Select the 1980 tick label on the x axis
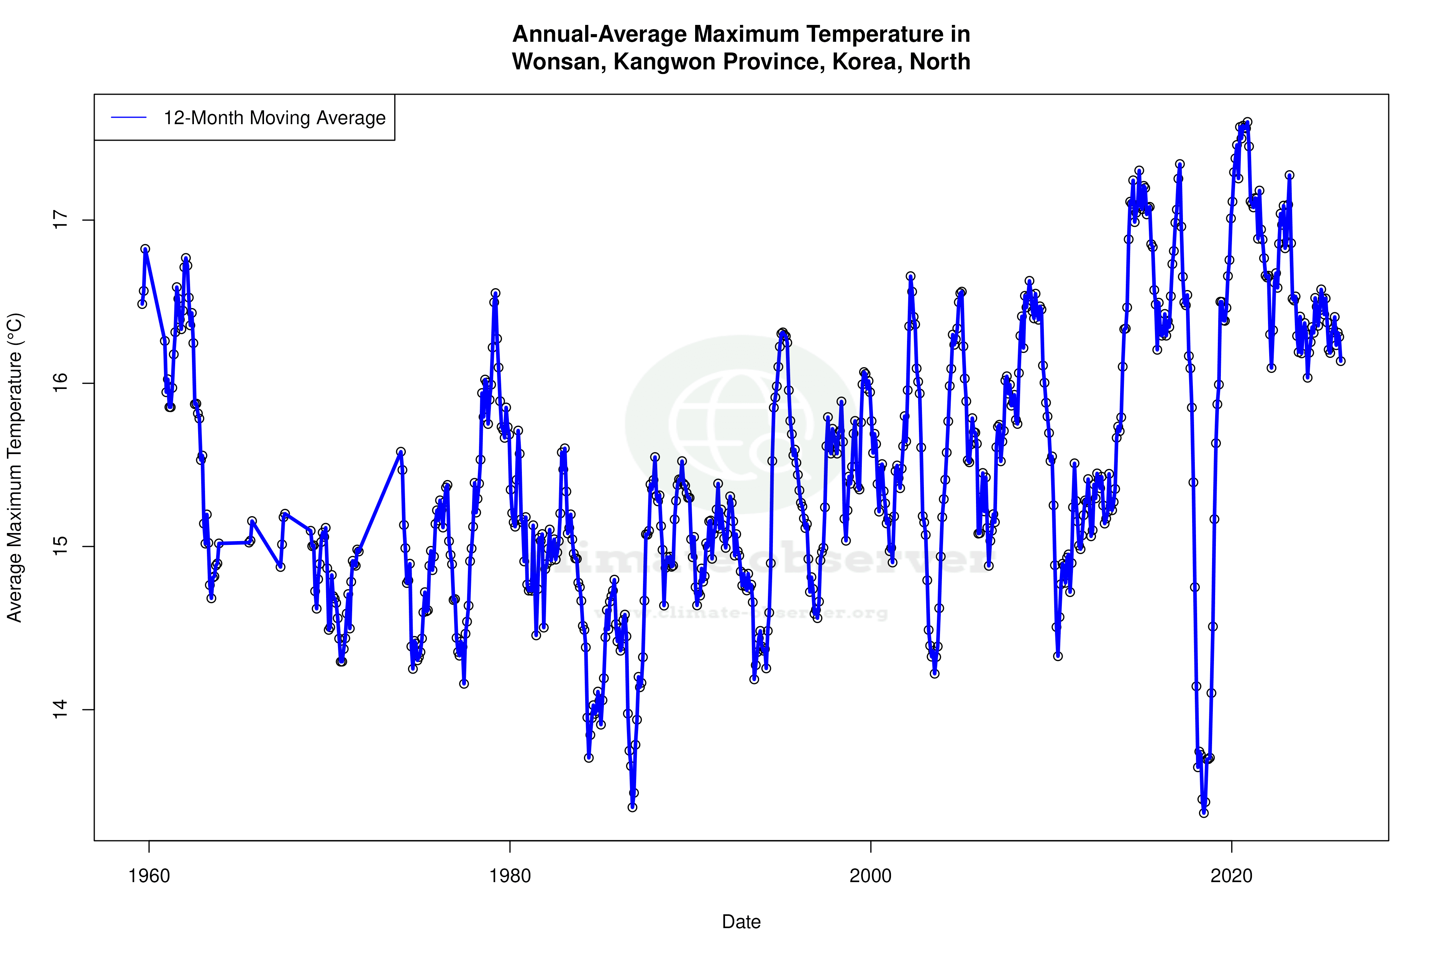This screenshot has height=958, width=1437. [x=510, y=876]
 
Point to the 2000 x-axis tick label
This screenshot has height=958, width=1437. [x=871, y=876]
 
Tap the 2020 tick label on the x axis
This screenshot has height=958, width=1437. [x=1231, y=876]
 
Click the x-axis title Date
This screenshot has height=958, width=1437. [x=741, y=922]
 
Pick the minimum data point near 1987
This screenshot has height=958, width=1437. [x=632, y=807]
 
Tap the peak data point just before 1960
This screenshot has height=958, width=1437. [x=145, y=249]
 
